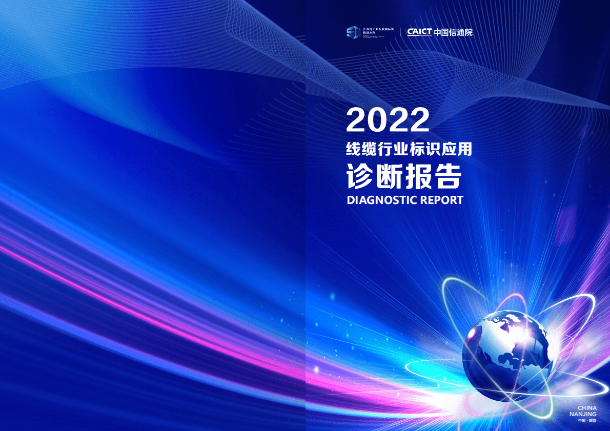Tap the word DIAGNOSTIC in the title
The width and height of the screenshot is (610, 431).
382,200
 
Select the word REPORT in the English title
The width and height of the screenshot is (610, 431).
441,200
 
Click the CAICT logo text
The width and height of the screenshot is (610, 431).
419,32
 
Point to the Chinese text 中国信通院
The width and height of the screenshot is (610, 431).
453,32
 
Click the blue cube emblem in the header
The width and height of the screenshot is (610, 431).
352,32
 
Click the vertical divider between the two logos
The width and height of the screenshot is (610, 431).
400,32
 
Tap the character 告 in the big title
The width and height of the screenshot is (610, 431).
449,176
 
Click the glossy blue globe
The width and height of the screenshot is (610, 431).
507,354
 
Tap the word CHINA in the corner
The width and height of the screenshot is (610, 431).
587,408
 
